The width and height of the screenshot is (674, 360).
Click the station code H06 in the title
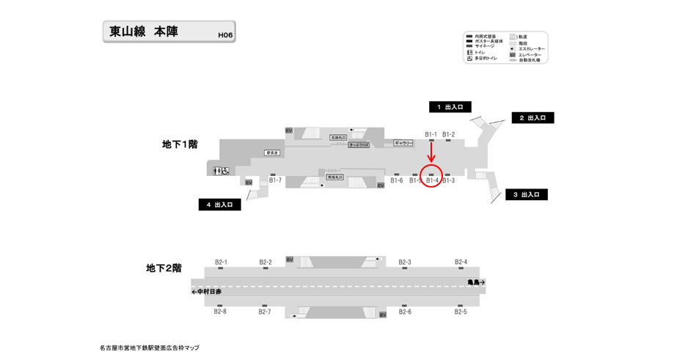point(225,34)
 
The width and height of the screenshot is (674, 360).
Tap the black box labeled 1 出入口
point(450,107)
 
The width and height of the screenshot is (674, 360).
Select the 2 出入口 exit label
point(532,118)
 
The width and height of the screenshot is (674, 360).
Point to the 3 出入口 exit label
point(526,195)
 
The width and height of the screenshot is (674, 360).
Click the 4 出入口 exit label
point(219,205)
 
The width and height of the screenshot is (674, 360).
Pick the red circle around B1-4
point(431,177)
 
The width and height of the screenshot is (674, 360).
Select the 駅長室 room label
point(274,153)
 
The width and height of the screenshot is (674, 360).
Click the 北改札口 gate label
point(337,137)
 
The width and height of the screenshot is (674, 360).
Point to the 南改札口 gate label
point(335,177)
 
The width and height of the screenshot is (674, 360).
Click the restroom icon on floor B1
point(221,171)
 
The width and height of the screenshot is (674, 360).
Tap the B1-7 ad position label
point(275,180)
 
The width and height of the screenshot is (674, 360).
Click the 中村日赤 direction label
point(207,291)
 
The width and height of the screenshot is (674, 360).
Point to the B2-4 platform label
point(461,262)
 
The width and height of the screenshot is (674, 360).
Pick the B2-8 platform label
point(220,312)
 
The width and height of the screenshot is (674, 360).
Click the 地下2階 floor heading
point(164,269)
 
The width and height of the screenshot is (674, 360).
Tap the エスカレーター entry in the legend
point(531,48)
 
